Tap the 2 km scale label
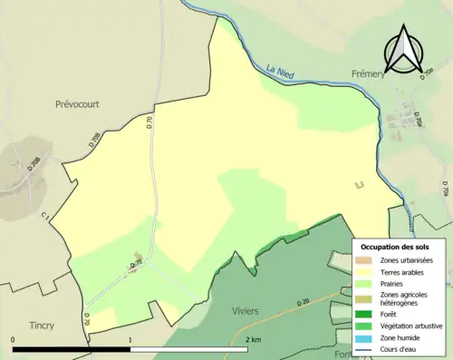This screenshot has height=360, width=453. pyautogui.click(x=253, y=340)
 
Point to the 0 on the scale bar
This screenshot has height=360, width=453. pyautogui.click(x=13, y=340)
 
